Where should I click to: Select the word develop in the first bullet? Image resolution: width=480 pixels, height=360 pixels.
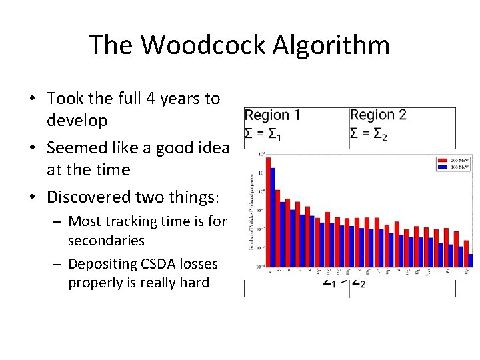(77, 121)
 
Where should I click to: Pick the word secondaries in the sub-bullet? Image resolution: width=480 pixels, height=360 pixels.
(106, 240)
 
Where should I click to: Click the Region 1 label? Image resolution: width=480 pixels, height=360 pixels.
(272, 115)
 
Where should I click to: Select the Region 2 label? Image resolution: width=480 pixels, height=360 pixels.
(378, 115)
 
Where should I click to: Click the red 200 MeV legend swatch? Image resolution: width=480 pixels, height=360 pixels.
(442, 161)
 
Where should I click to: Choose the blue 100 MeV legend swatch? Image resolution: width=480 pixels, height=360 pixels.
(442, 167)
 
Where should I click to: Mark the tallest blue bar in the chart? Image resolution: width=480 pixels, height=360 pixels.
(273, 217)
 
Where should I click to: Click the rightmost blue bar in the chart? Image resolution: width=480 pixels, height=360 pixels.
(470, 261)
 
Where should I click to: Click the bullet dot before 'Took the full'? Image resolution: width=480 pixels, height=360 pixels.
(32, 99)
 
